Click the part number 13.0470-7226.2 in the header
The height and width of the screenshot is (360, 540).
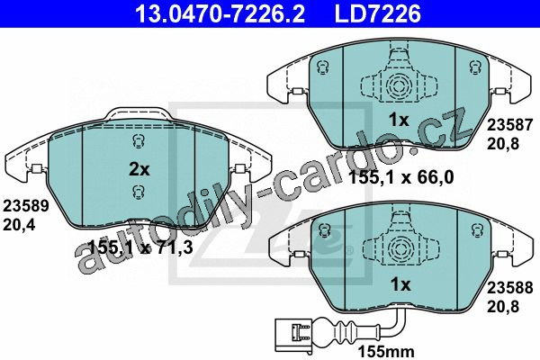click(x=220, y=14)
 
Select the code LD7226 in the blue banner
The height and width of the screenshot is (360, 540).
click(x=378, y=14)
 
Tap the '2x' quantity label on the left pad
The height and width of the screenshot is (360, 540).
click(x=139, y=169)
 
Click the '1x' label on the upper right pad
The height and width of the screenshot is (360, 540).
click(x=399, y=121)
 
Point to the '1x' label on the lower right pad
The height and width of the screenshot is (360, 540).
click(x=400, y=284)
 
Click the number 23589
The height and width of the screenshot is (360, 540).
click(x=26, y=206)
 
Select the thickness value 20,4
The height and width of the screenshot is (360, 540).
click(x=19, y=225)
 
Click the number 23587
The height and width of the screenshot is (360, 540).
click(x=509, y=125)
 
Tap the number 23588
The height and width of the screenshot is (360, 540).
click(x=509, y=287)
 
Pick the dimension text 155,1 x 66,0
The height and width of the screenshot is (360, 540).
click(x=401, y=178)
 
